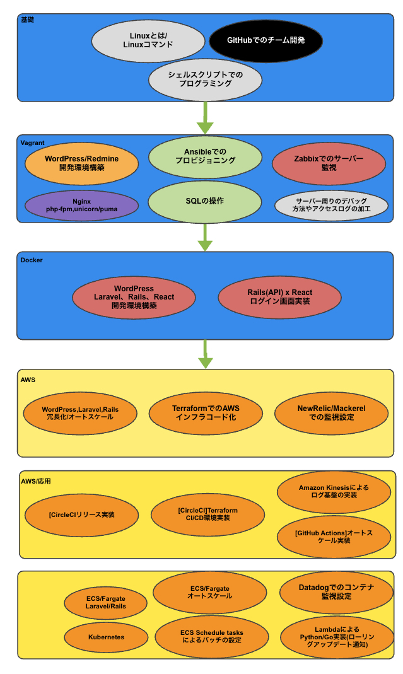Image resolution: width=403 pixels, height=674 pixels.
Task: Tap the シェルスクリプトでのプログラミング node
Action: [205, 79]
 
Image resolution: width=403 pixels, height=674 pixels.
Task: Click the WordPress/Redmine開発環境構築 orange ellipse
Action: [81, 163]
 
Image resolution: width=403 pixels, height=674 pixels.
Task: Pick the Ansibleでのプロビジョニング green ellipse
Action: [205, 156]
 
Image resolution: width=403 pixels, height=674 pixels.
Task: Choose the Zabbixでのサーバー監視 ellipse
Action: [329, 163]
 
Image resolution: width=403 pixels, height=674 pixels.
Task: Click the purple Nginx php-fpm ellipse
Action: [81, 205]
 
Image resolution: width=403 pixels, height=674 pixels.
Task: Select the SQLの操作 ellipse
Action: [205, 201]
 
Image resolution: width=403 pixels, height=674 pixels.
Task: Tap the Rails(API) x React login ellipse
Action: [279, 297]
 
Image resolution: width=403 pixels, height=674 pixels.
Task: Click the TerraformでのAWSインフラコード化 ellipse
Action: [206, 412]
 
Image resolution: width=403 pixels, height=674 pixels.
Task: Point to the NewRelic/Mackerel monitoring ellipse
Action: [331, 412]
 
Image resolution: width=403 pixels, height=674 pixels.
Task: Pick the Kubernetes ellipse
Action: [106, 637]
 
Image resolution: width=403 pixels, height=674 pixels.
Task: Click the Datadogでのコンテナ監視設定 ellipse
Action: [336, 591]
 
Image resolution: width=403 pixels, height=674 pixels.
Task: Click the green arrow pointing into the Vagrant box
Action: [205, 117]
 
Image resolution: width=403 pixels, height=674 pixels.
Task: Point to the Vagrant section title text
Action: [33, 143]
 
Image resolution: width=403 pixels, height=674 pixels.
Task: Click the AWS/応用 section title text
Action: [35, 481]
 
